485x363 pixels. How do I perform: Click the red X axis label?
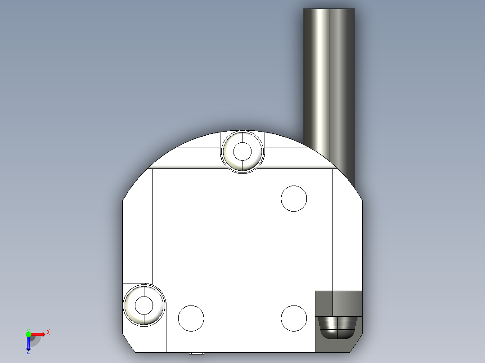point(48,332)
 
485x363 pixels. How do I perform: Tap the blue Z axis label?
point(28,352)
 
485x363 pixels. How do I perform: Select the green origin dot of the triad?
point(28,334)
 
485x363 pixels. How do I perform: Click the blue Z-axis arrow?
point(28,344)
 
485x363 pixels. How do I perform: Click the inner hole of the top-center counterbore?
point(243,151)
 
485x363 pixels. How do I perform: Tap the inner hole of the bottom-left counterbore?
point(144,305)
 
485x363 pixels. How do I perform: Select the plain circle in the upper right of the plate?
point(294,198)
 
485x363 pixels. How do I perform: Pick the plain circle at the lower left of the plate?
point(191,318)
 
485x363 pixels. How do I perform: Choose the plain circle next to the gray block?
point(294,318)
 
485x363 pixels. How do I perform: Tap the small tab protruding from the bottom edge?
point(196,353)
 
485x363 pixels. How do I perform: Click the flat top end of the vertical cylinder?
point(329,9)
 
